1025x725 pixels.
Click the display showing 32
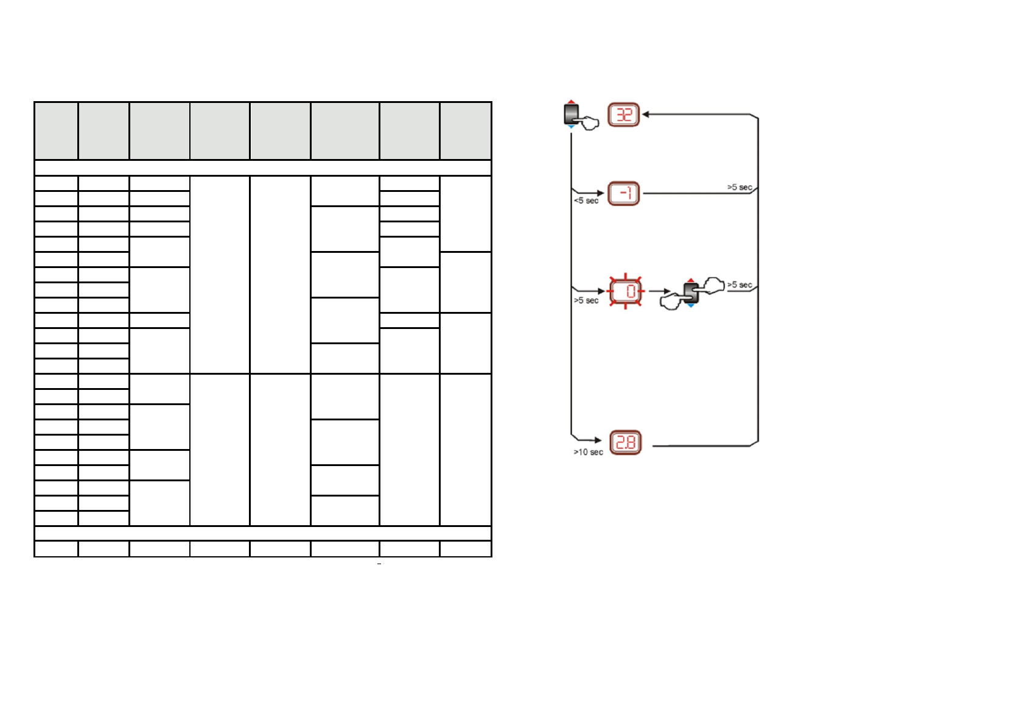624,115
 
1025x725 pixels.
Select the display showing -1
624,194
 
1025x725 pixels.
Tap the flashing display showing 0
626,291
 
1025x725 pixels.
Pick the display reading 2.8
626,443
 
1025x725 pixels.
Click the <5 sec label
586,200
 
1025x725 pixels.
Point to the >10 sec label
588,452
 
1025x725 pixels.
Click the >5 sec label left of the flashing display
586,300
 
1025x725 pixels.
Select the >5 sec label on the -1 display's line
740,187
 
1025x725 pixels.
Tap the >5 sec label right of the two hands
740,285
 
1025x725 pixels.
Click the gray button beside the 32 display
571,113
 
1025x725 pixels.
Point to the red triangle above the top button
571,101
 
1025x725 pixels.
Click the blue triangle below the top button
571,127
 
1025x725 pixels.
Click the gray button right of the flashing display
691,292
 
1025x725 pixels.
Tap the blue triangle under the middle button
691,306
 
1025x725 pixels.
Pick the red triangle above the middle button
691,280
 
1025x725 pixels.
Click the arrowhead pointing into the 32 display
646,114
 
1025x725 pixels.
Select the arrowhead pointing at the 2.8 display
598,440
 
